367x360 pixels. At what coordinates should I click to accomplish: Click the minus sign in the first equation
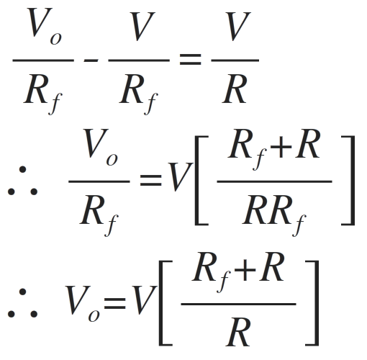[91, 60]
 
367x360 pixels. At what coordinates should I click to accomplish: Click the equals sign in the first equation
[190, 60]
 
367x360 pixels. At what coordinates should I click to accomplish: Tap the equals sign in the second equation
[150, 180]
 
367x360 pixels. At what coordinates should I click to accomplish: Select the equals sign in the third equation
[114, 303]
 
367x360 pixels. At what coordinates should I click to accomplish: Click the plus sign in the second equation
[281, 147]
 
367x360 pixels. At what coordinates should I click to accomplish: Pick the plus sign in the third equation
[245, 270]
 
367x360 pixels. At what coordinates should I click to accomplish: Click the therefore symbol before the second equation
[22, 181]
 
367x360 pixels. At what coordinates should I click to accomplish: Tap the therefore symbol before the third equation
[22, 303]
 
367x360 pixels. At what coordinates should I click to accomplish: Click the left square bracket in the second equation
[201, 181]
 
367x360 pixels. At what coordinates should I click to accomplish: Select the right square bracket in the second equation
[348, 181]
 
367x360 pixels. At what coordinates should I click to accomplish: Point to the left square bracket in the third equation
[166, 303]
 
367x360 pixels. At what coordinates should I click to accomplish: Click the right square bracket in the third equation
[312, 303]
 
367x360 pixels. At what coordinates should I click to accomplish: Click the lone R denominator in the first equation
[235, 89]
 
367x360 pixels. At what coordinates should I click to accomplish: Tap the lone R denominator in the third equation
[238, 332]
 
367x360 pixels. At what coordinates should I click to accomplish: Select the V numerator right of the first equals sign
[238, 27]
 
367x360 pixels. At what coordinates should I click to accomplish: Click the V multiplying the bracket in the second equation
[180, 177]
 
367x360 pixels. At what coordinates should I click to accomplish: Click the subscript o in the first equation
[56, 39]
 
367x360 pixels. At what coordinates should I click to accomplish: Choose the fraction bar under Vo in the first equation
[43, 60]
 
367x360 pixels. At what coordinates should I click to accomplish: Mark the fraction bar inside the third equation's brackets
[238, 304]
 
